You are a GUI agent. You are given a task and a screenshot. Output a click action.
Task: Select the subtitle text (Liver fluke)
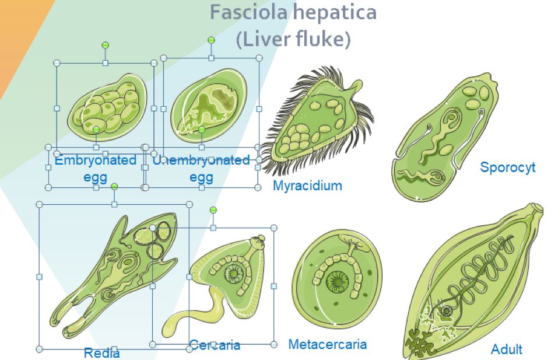(x=293, y=40)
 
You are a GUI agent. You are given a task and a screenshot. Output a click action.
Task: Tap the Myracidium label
(x=307, y=186)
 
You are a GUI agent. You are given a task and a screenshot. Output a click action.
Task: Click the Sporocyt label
(x=507, y=167)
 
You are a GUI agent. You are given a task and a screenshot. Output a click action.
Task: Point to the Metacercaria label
(x=328, y=344)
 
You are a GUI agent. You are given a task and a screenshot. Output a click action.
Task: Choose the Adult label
(x=506, y=349)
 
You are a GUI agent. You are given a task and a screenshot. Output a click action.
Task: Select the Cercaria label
(x=215, y=345)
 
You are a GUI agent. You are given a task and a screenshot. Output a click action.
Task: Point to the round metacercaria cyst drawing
(x=336, y=279)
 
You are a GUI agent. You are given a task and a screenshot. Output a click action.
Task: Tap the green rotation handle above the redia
(x=114, y=186)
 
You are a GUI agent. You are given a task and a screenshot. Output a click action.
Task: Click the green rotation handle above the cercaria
(x=213, y=210)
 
